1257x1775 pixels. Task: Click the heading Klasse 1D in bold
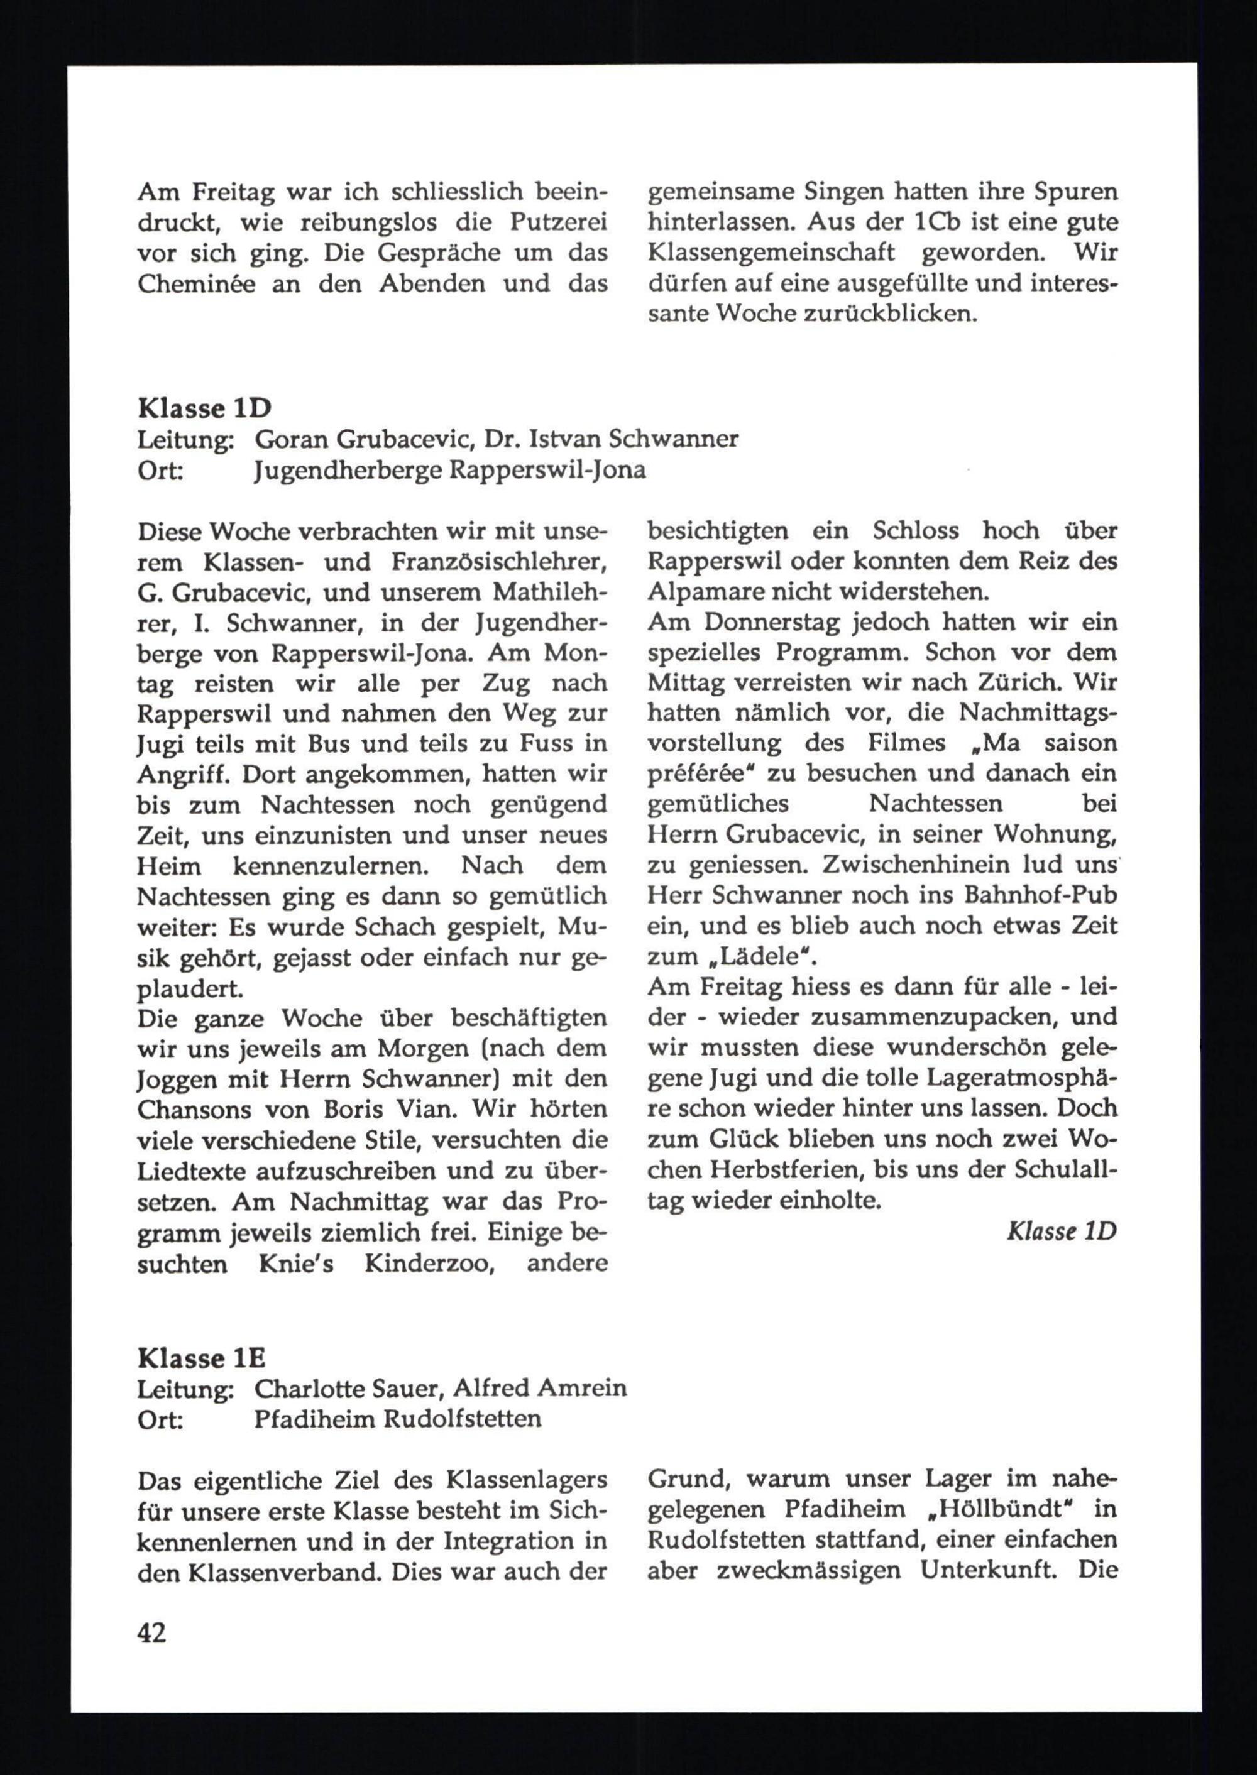point(205,408)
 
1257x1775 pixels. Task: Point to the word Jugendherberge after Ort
point(347,471)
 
